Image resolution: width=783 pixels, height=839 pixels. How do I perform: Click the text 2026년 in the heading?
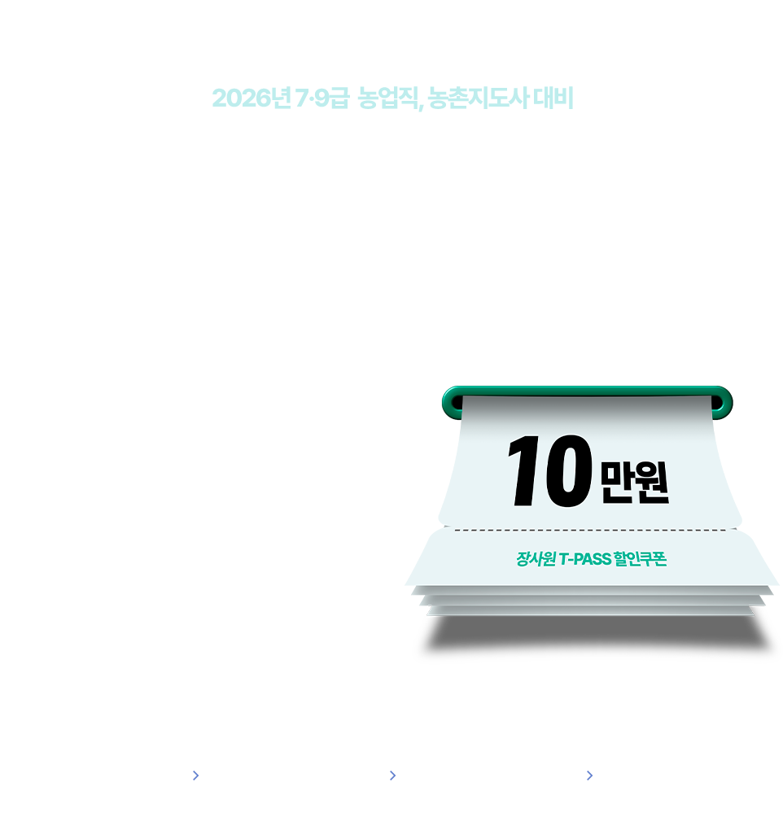(x=252, y=98)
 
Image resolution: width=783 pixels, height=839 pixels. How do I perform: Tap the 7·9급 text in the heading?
(x=322, y=98)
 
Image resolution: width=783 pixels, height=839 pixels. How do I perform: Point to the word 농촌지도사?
(x=479, y=98)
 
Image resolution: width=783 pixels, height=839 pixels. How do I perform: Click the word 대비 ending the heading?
(x=553, y=98)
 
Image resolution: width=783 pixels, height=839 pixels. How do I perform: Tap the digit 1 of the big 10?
(x=524, y=470)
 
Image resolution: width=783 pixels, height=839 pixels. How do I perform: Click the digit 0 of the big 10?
(x=568, y=470)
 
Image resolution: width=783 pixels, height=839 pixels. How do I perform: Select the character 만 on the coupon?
(x=617, y=482)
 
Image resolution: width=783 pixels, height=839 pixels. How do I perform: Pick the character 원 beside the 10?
(x=652, y=482)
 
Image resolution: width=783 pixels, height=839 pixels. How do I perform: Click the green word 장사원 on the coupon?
(x=536, y=558)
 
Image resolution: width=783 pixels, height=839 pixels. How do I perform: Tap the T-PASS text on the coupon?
(x=585, y=559)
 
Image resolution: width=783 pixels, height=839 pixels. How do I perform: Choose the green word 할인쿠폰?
(x=640, y=558)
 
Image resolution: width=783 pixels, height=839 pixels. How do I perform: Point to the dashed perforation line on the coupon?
(x=590, y=531)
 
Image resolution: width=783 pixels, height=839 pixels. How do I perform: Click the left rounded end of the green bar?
(x=450, y=403)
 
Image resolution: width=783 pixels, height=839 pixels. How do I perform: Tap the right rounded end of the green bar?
(x=724, y=403)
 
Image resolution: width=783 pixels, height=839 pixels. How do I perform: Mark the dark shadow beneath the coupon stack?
(x=597, y=634)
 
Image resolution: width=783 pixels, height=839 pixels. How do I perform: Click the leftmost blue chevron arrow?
(x=196, y=776)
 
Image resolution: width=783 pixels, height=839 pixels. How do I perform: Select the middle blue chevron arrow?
(x=393, y=776)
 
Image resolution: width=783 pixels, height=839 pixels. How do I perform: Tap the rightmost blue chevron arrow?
(x=590, y=776)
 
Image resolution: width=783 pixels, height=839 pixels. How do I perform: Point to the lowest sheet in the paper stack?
(x=590, y=611)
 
